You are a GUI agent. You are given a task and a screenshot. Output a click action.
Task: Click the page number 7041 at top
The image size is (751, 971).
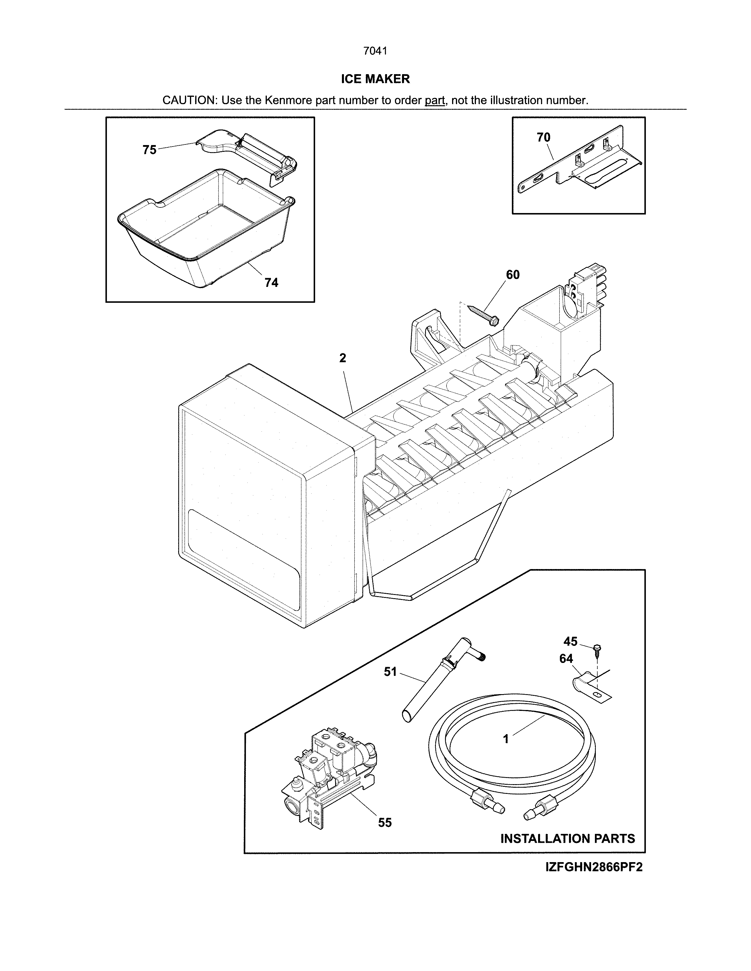coord(375,51)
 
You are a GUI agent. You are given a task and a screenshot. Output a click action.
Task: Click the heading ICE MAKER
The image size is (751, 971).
coord(375,79)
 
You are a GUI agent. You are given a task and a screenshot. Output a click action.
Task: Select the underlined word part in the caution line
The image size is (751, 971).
coord(435,100)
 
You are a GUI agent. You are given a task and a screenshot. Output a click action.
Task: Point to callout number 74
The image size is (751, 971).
coord(272,283)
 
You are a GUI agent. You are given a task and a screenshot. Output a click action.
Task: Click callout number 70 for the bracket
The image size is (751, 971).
coord(543,138)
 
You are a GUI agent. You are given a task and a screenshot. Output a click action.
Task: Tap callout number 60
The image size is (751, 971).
coord(512,275)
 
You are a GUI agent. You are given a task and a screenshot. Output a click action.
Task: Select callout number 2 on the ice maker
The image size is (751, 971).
coord(343,358)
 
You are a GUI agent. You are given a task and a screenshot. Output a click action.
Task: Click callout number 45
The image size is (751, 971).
coord(570,641)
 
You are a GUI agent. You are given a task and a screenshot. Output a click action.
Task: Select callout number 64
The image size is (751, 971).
coord(566,659)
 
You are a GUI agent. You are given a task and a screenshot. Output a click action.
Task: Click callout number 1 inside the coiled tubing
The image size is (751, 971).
coord(505,739)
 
